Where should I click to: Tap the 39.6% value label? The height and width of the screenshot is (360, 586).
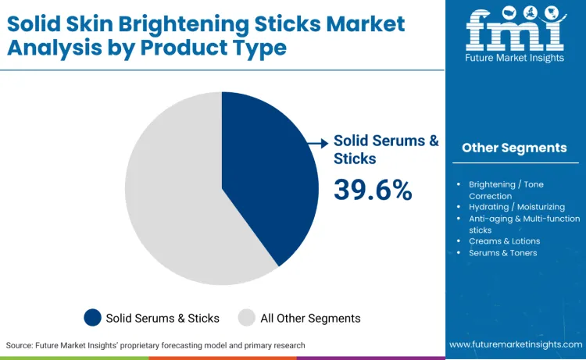373,189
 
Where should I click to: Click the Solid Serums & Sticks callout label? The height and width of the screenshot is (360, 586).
386,149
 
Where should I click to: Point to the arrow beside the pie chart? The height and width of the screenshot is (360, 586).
318,143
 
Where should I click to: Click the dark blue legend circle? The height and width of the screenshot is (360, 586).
93,318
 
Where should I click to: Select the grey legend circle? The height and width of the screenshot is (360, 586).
247,318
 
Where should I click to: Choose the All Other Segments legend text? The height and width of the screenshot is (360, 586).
309,318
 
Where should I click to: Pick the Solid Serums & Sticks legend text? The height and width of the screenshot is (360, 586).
163,318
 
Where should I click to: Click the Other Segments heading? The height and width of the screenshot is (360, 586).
514,148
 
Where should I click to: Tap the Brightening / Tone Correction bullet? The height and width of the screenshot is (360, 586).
506,190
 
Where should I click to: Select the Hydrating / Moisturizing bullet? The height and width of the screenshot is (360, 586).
516,207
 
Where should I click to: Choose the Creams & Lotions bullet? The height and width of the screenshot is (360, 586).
504,241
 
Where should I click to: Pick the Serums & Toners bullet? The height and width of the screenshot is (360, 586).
502,253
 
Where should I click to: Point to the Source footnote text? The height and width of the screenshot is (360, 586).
155,344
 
